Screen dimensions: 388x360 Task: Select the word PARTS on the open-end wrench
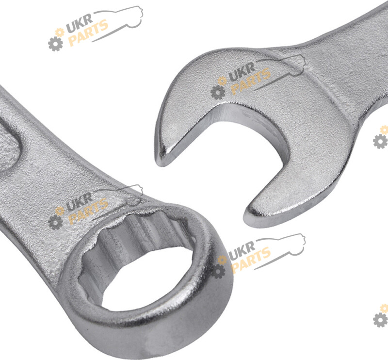coord(251,82)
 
